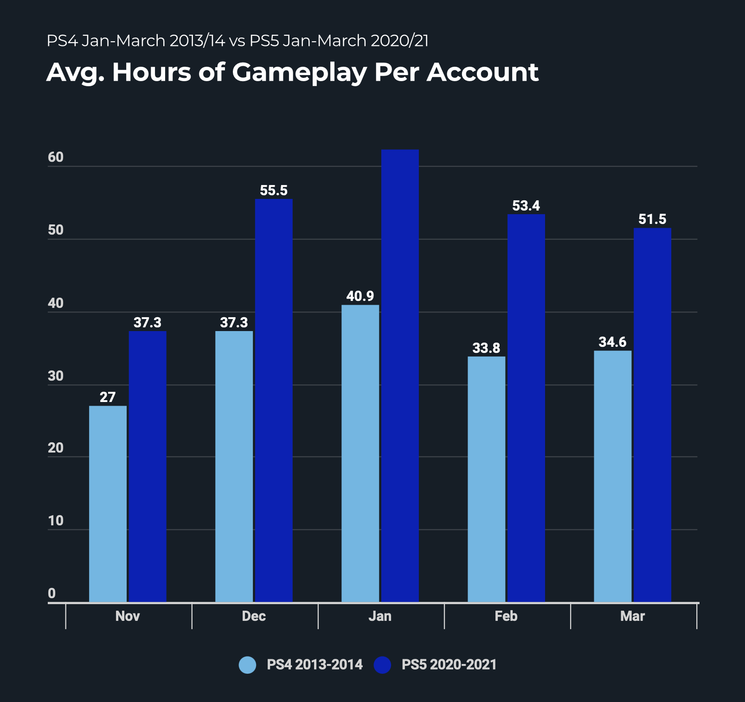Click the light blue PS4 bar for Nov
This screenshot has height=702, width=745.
click(108, 504)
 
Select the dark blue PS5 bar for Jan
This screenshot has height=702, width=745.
click(400, 376)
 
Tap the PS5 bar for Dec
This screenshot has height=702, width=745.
click(274, 401)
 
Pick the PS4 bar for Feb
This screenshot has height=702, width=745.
click(486, 479)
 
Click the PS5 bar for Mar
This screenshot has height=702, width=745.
click(652, 415)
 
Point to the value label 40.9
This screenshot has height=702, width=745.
click(360, 296)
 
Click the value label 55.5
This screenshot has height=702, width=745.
click(274, 191)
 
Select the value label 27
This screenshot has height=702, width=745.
click(108, 397)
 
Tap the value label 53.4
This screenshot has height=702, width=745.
click(526, 205)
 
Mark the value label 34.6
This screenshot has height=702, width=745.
click(612, 342)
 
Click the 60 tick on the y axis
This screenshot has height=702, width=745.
click(56, 158)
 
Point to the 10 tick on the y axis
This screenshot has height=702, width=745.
click(56, 521)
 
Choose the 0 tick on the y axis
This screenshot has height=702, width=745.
click(52, 594)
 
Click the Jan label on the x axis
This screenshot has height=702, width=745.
click(380, 616)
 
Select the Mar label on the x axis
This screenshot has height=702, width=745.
click(633, 616)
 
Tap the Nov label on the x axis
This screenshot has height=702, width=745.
click(128, 616)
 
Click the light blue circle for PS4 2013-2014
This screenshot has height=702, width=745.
click(247, 665)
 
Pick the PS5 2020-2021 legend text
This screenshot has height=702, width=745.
click(449, 665)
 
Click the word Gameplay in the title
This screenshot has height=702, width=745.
click(299, 73)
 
